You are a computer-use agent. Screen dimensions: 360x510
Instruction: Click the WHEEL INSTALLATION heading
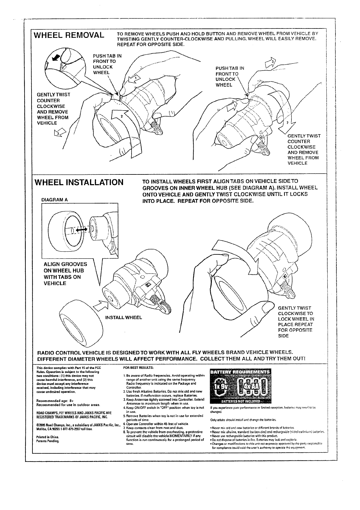79,183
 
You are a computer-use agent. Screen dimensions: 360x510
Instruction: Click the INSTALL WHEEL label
123,317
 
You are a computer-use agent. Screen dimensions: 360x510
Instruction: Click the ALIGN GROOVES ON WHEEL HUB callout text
65,274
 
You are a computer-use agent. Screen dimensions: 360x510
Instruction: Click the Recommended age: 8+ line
52,401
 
